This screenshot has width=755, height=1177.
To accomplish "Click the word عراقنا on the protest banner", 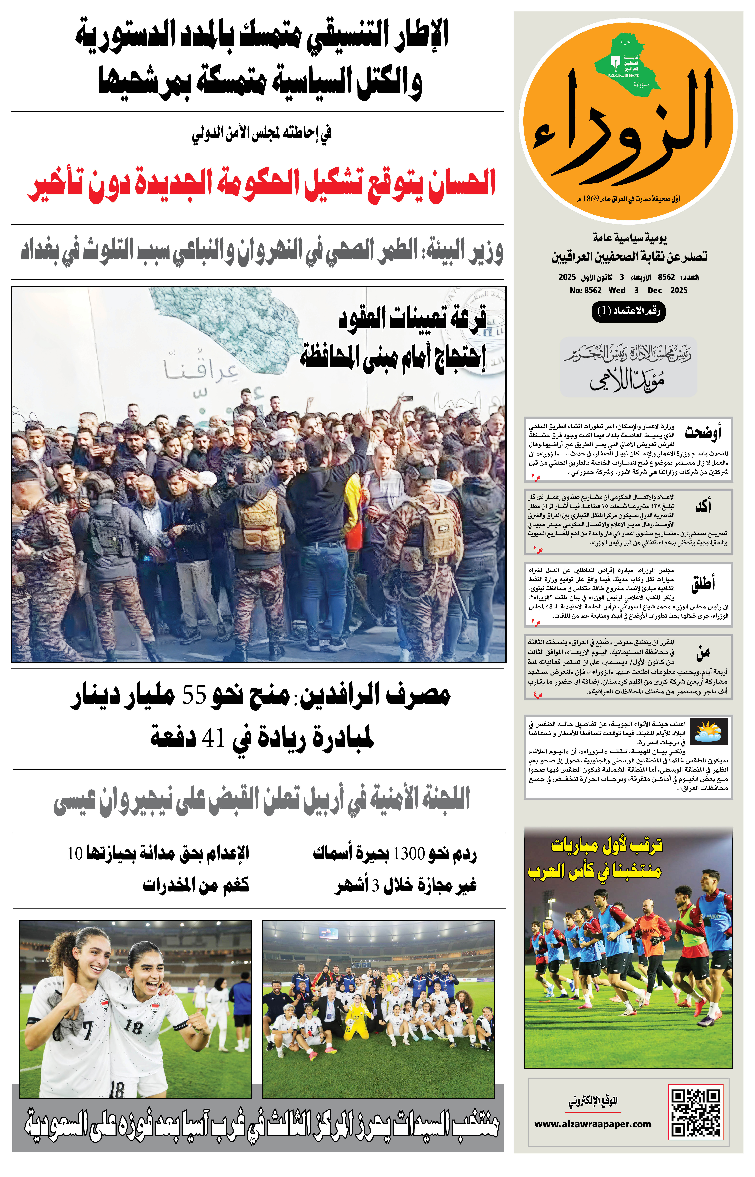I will (201, 370).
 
